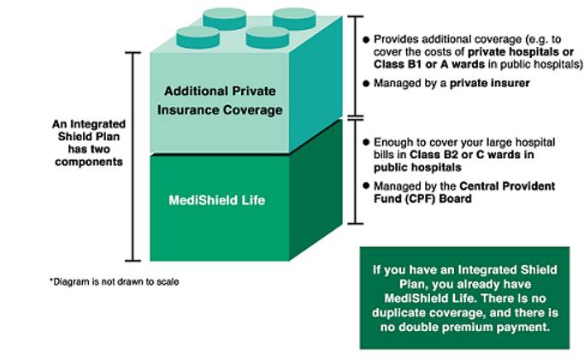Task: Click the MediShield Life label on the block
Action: click(218, 201)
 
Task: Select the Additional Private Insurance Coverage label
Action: click(222, 99)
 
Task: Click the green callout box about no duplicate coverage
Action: click(464, 298)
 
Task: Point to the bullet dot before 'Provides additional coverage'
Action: click(367, 40)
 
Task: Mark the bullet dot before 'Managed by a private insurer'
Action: click(367, 84)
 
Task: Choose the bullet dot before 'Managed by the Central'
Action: click(367, 186)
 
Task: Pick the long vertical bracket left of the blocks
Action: click(132, 156)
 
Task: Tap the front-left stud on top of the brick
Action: click(198, 36)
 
